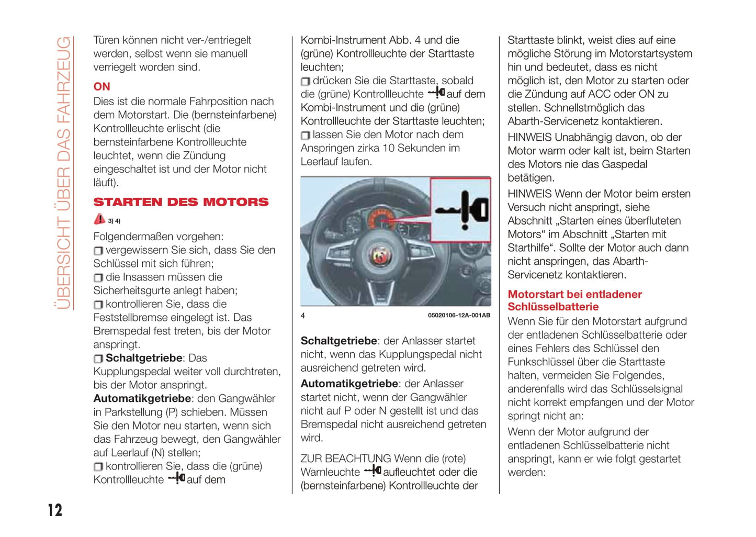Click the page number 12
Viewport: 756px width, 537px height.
[55, 510]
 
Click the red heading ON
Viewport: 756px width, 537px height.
[101, 86]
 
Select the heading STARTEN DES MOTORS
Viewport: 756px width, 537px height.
[180, 202]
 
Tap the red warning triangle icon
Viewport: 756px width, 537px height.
[99, 219]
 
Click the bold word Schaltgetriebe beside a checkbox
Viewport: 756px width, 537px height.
[144, 358]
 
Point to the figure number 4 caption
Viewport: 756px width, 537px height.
[303, 316]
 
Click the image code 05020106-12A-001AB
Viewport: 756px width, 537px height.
[459, 316]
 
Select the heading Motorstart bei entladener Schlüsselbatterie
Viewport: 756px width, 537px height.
[574, 300]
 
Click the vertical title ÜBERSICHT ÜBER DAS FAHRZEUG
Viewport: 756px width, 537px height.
[63, 173]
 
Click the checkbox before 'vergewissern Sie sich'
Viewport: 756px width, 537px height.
[98, 251]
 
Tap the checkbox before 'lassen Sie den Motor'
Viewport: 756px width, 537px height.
[305, 136]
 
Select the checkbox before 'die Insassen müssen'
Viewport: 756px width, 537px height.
[98, 278]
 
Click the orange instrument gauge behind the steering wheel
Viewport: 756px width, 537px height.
[381, 217]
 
